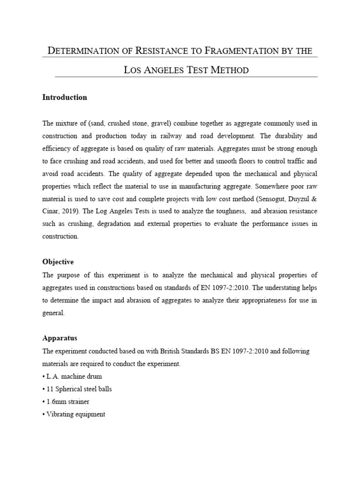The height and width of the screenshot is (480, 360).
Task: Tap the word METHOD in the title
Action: click(229, 70)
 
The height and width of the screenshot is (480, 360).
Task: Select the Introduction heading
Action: click(65, 97)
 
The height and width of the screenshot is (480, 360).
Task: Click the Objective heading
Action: click(58, 262)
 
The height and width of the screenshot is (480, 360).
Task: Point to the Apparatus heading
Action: click(60, 337)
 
